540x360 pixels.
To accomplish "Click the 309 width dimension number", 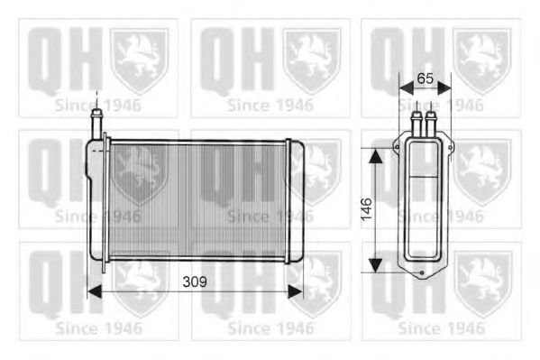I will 193,282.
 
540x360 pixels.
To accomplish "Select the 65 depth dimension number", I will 426,79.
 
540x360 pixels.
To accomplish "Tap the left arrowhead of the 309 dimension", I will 92,291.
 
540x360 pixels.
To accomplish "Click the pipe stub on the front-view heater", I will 95,122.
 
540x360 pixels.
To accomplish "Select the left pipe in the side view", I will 416,123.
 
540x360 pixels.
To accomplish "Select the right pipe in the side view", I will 432,123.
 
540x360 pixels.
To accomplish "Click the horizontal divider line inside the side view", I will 424,178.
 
